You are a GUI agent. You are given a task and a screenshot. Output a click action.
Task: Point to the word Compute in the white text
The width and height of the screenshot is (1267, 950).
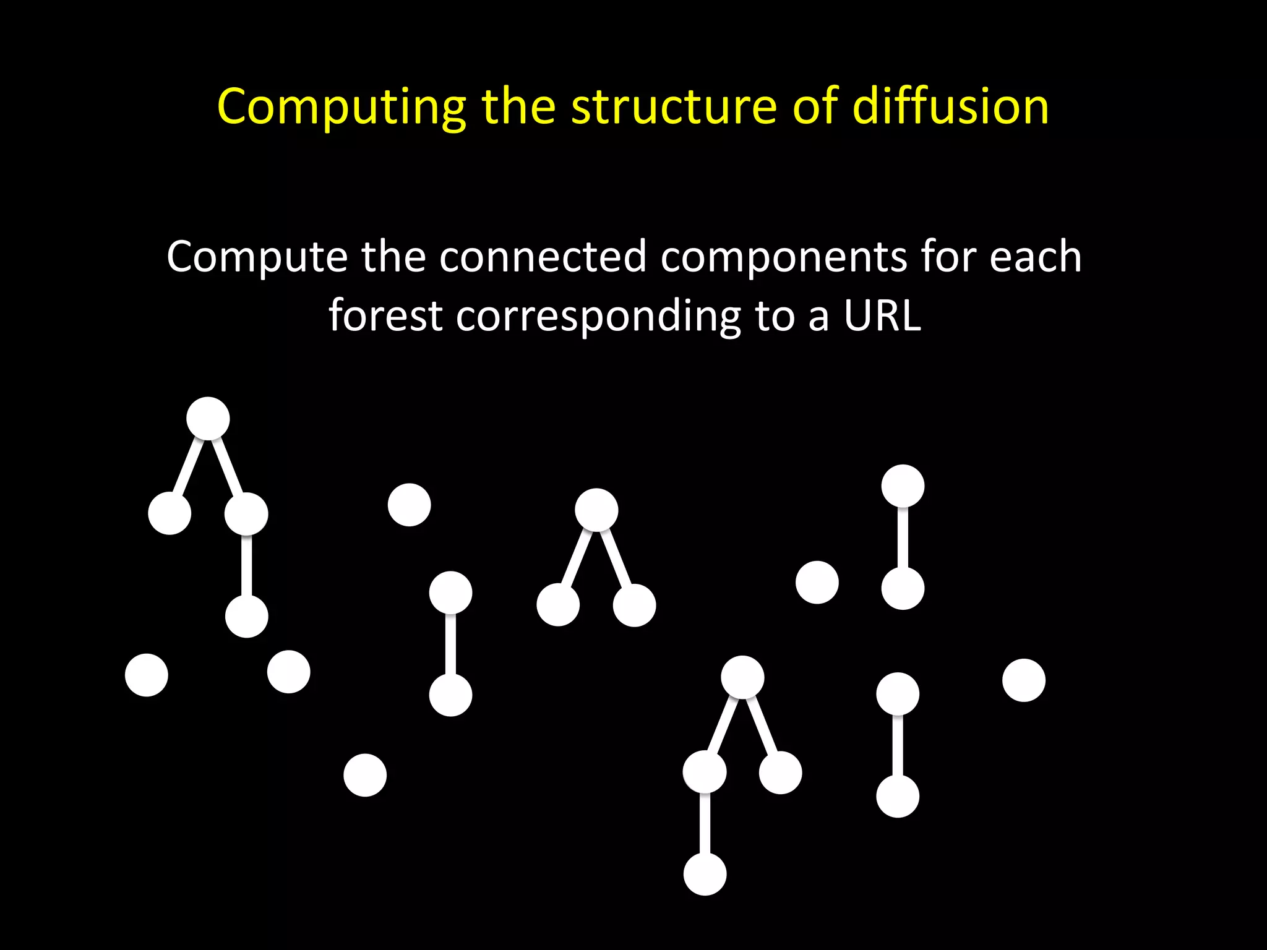point(257,257)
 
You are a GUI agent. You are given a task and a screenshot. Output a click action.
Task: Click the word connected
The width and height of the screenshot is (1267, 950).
point(543,256)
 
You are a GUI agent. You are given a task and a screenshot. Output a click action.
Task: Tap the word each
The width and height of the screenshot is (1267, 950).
point(1036,256)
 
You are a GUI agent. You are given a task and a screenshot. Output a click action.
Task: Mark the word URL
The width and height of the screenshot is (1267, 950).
point(882,315)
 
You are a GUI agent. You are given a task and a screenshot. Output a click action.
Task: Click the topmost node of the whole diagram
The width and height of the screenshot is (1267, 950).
point(208,419)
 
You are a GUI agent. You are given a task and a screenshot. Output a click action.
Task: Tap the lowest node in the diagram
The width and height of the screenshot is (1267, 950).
point(705,874)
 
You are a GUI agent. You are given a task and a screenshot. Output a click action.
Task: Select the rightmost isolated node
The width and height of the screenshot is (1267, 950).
point(1024,680)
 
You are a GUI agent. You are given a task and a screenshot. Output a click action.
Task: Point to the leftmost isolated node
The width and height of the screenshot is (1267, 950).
point(147,675)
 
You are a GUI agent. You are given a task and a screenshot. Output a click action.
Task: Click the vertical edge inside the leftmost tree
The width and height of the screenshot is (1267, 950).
point(247,565)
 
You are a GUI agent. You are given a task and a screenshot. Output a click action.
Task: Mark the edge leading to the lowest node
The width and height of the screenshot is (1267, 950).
point(705,823)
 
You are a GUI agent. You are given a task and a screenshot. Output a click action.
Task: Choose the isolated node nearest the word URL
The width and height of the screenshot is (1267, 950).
point(817,582)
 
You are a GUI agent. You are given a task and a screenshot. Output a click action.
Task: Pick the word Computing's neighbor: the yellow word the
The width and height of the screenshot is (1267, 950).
point(518,106)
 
